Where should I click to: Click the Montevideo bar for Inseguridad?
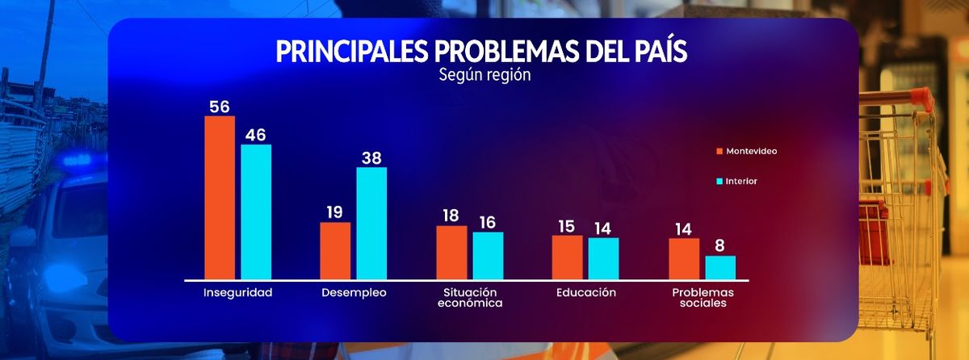[220, 198]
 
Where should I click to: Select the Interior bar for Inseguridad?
[256, 211]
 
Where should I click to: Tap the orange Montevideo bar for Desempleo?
[335, 250]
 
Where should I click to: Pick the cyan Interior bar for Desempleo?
[371, 223]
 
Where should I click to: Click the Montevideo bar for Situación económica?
[451, 252]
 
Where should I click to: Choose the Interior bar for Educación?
[603, 258]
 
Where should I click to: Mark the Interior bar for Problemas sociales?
[720, 267]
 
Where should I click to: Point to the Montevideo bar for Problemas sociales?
[684, 258]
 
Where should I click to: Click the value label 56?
[220, 107]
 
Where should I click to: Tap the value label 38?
[371, 158]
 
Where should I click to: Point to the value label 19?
[335, 212]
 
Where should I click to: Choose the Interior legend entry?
[740, 182]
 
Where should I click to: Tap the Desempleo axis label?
[354, 292]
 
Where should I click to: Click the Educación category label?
[586, 292]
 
